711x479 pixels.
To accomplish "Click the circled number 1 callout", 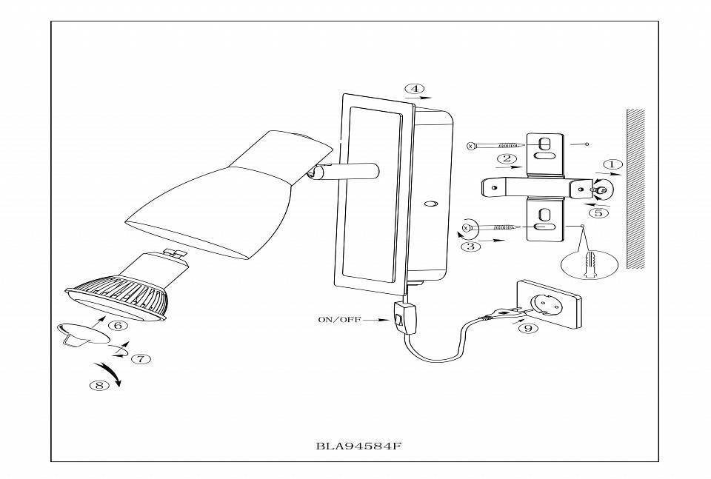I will [x=612, y=164].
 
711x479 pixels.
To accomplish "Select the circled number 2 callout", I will [x=507, y=158].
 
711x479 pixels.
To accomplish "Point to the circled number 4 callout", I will [x=414, y=89].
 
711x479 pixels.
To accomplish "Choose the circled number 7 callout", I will [x=141, y=358].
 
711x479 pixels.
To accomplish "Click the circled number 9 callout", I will [x=527, y=328].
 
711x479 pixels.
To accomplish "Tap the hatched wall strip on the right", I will [x=635, y=188].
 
